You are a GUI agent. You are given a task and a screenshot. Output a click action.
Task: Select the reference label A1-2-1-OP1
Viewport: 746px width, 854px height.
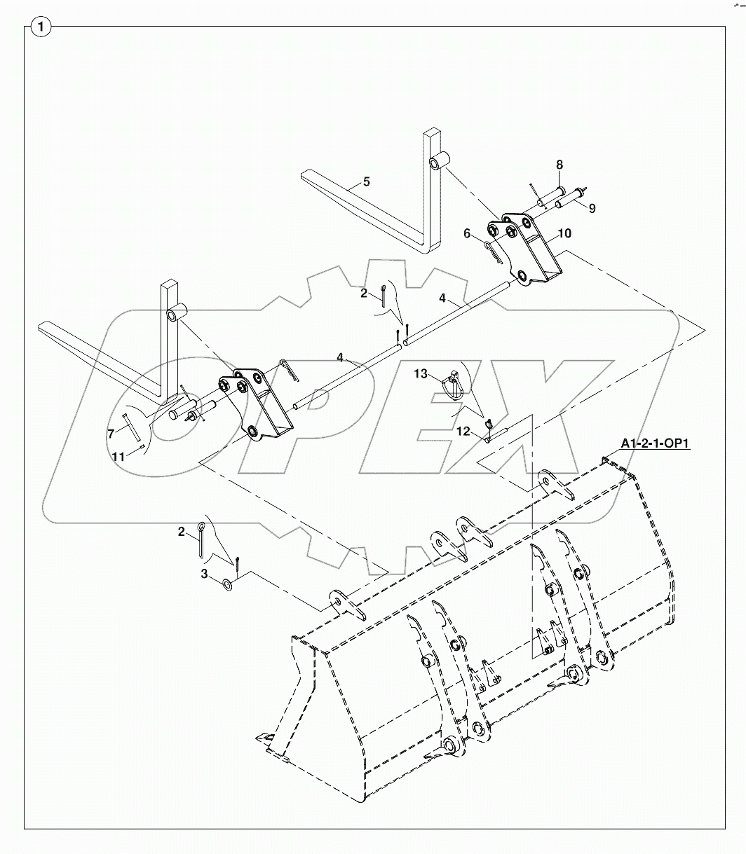(x=654, y=443)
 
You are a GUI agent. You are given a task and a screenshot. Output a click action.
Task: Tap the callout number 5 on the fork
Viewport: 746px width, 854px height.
(x=366, y=182)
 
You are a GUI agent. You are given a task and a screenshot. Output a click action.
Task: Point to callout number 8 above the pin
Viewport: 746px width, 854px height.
(x=559, y=165)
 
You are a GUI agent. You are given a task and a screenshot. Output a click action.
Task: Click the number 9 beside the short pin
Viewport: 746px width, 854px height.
(x=592, y=208)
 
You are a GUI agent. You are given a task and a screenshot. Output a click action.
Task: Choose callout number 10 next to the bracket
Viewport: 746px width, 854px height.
(x=564, y=233)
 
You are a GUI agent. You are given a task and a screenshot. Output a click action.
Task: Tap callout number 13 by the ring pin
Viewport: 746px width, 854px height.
(x=420, y=375)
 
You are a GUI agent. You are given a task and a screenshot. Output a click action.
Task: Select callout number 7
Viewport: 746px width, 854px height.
(x=111, y=434)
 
